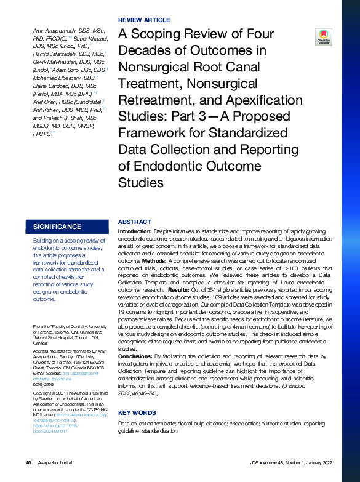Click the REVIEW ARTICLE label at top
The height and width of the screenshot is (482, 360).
click(143, 20)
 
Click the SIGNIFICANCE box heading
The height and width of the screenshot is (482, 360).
click(57, 227)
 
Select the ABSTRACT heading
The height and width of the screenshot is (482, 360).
click(134, 222)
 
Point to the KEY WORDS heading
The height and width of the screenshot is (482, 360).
click(137, 412)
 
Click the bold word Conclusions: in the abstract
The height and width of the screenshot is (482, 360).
click(134, 356)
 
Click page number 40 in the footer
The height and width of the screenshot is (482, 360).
click(28, 462)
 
